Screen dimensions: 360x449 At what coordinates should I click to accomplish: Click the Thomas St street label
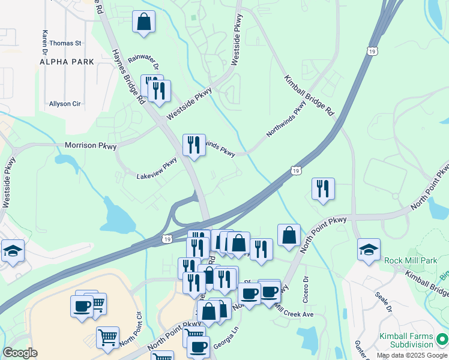point(65,43)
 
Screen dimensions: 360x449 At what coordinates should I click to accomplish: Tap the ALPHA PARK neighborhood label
point(67,62)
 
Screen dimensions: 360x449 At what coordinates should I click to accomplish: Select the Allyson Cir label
point(65,104)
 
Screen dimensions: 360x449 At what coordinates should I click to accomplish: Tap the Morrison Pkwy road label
point(91,146)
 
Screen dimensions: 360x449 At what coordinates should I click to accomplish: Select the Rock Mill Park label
point(412,259)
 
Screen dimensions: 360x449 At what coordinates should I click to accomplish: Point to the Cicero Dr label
point(306,287)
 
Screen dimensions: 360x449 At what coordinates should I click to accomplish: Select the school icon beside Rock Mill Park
point(369,250)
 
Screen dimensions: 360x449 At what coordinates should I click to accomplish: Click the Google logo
point(20,353)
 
